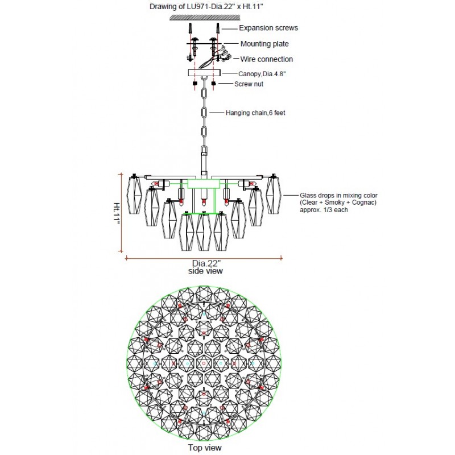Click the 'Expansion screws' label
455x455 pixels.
(x=268, y=28)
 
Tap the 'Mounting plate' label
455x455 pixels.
(x=264, y=44)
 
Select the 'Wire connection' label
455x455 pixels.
(x=266, y=59)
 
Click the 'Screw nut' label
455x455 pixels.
(x=250, y=84)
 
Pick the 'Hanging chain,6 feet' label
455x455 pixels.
(x=255, y=113)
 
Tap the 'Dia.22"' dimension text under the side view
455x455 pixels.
(x=205, y=263)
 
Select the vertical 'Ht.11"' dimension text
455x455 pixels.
(x=117, y=213)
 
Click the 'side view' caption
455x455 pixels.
(x=205, y=271)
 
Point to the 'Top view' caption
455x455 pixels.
(x=204, y=448)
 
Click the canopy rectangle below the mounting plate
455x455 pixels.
(x=204, y=73)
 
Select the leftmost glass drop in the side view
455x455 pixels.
(x=135, y=196)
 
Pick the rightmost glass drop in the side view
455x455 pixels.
(x=274, y=196)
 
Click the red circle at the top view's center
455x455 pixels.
(x=204, y=363)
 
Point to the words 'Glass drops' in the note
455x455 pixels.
(x=315, y=195)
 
